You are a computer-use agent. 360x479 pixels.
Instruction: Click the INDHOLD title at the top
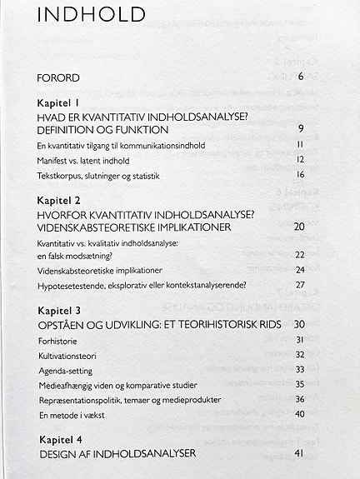click(92, 14)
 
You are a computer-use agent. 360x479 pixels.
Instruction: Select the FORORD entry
click(58, 78)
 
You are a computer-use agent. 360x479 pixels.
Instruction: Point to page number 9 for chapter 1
click(301, 129)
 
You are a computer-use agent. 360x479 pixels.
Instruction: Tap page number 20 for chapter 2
click(299, 227)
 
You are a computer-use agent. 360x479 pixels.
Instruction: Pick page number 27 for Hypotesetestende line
click(300, 285)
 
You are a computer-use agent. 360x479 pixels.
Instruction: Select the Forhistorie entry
click(57, 340)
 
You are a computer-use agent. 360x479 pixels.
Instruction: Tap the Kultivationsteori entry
click(66, 355)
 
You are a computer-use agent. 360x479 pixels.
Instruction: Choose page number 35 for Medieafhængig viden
click(300, 385)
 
